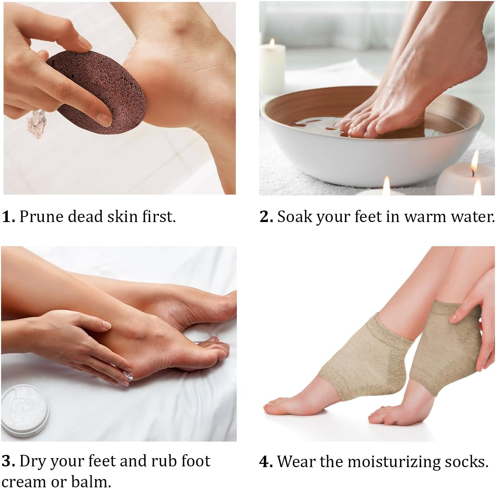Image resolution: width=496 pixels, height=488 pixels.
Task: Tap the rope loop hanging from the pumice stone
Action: (34, 124)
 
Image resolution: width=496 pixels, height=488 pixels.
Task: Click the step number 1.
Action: (8, 217)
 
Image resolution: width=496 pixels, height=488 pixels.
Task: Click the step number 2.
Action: (266, 217)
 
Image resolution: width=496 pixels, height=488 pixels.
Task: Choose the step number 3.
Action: (8, 461)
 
